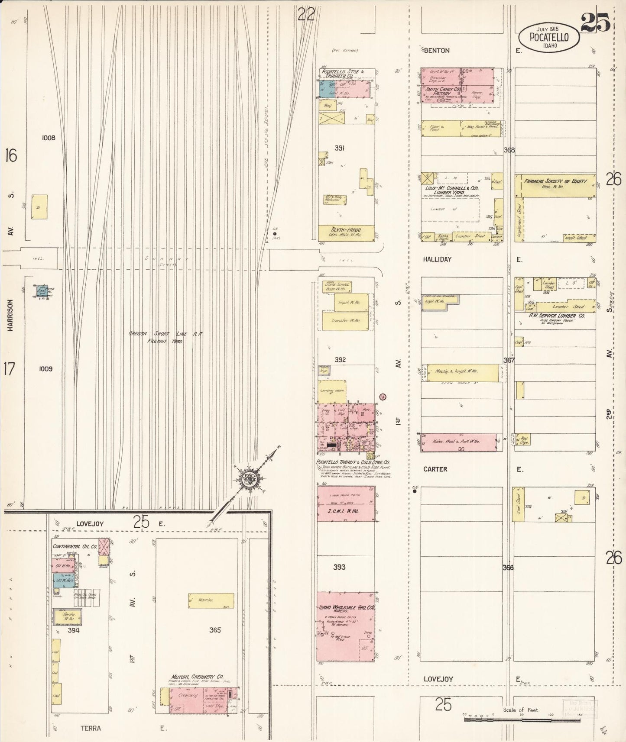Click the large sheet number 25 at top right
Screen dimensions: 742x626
coord(595,22)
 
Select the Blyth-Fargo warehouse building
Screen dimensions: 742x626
coord(346,233)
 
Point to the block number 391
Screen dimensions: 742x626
coord(339,148)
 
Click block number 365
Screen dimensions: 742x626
coord(215,630)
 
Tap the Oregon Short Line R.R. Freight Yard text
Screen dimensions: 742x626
coord(165,337)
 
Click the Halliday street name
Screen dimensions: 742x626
coord(437,259)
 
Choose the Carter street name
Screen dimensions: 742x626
coord(435,469)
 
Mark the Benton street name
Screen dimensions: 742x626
coord(437,51)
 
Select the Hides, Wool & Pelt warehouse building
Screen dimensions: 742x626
coord(458,442)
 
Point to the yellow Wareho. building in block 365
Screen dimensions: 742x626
coord(211,600)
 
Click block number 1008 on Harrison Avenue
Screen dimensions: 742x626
coord(49,138)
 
